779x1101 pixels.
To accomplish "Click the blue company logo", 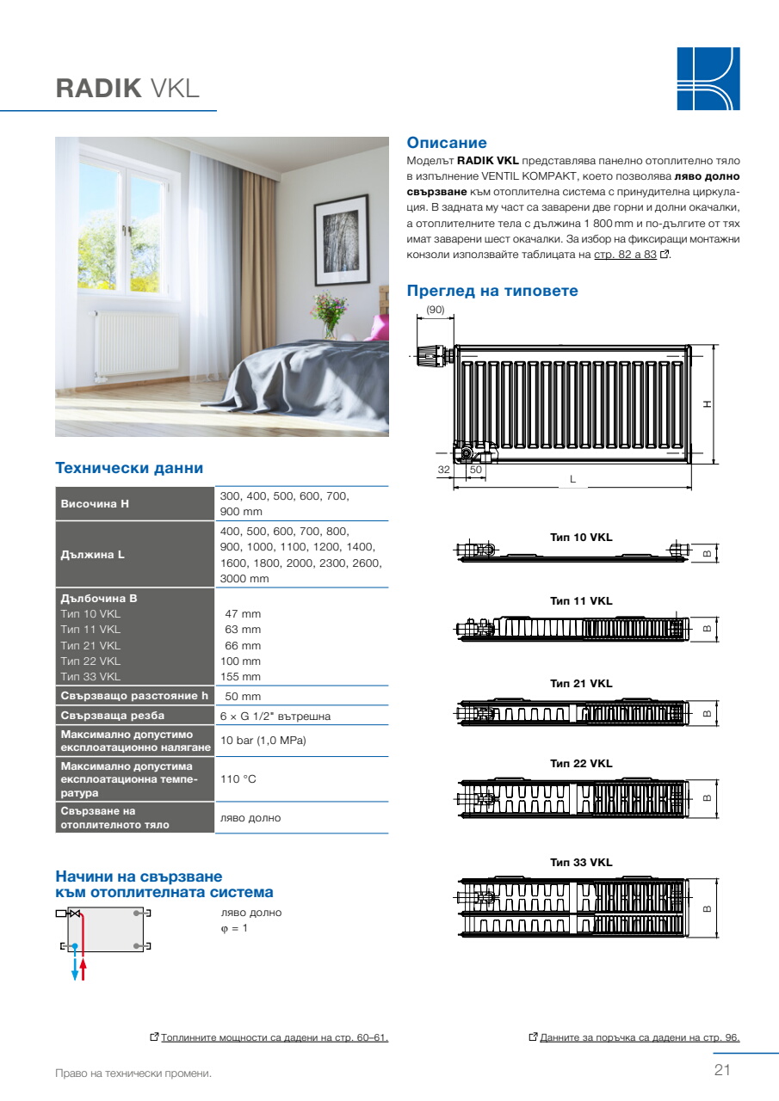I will point(708,78).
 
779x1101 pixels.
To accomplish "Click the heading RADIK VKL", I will point(127,88).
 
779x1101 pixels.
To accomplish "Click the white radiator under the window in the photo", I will point(137,343).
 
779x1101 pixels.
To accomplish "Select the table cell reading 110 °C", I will point(238,779).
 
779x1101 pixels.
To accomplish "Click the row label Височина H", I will point(95,503).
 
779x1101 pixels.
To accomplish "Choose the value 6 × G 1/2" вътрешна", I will point(275,716).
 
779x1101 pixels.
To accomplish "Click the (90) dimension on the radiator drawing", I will point(435,310).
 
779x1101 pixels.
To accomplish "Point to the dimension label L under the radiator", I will point(572,479).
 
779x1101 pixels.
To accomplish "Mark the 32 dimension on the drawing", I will point(444,470).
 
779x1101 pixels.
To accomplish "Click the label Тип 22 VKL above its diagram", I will point(581,763).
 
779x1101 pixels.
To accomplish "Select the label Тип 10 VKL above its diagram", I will point(581,537).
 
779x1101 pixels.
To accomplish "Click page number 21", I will point(721,1070).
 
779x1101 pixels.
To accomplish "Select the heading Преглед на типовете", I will point(492,291).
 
